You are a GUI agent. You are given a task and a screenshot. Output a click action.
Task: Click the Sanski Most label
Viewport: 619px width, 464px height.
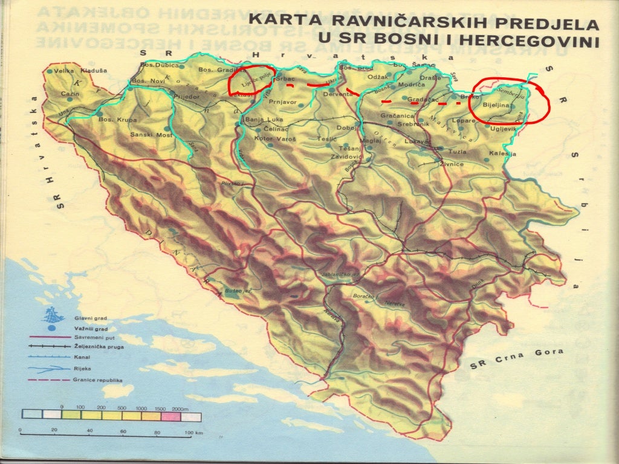[x=148, y=134]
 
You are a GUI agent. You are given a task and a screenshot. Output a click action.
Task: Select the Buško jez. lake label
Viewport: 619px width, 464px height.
[x=238, y=291]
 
